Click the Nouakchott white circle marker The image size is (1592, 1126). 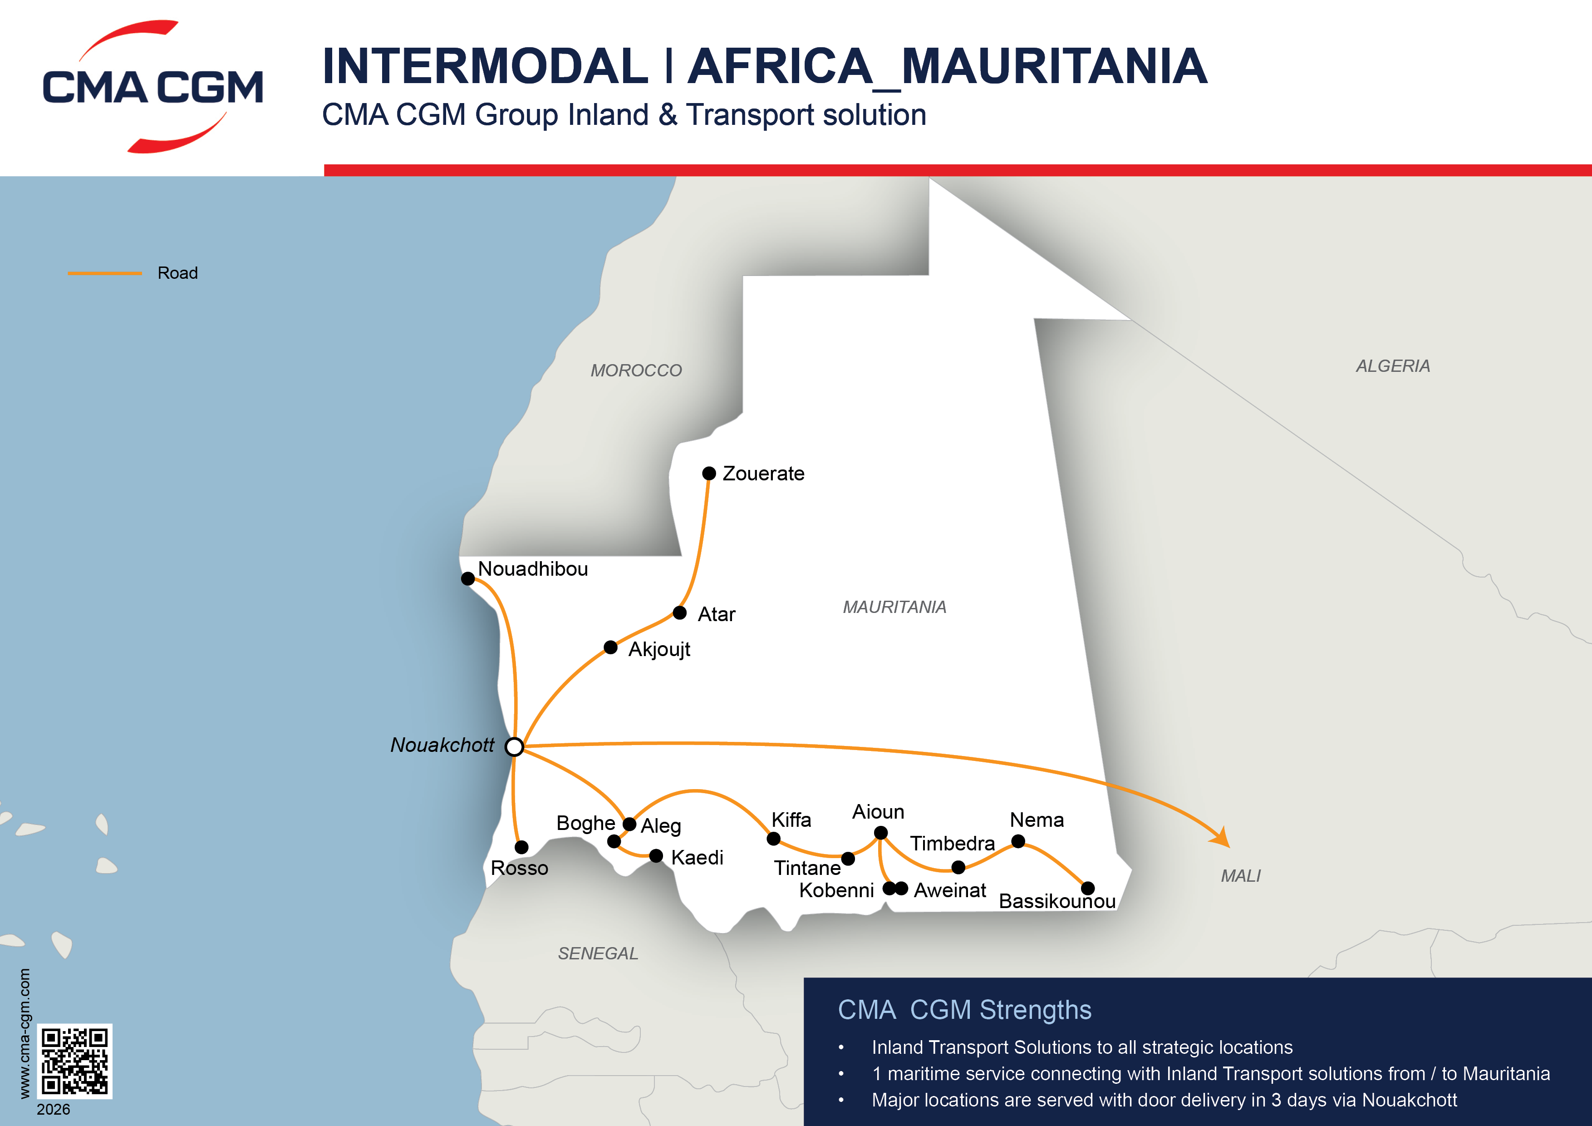tap(514, 746)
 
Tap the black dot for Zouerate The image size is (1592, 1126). tap(708, 473)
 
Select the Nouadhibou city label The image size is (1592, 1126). tap(532, 569)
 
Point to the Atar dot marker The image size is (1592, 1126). tap(679, 612)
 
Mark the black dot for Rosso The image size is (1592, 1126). tap(521, 847)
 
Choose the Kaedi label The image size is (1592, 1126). tap(697, 858)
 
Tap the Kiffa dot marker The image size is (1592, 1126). tap(774, 839)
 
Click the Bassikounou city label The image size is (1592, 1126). tap(1056, 901)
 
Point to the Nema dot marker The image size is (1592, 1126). tap(1018, 842)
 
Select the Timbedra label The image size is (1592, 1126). tap(952, 844)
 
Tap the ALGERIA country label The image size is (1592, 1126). tap(1392, 366)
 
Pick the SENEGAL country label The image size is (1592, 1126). tap(598, 954)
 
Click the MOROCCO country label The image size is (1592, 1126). tap(636, 370)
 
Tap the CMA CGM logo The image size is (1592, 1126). tap(152, 87)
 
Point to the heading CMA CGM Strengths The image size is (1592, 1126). tap(964, 1010)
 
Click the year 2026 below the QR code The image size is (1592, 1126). tap(54, 1109)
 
